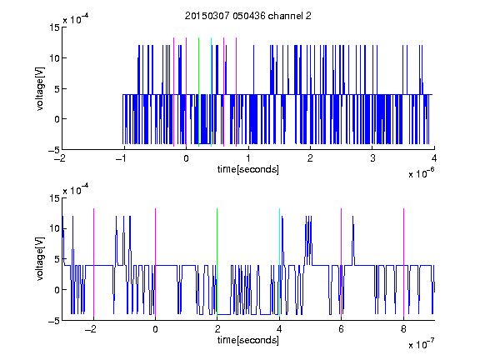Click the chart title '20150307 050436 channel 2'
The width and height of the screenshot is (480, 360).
(x=248, y=16)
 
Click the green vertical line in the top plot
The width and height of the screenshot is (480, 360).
(x=199, y=92)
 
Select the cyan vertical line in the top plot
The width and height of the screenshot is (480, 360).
(x=211, y=92)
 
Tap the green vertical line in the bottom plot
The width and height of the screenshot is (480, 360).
(x=217, y=262)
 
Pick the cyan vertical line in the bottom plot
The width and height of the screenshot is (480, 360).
(x=279, y=262)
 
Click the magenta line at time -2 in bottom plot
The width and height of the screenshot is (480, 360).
(x=93, y=262)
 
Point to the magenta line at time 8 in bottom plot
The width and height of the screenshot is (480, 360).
(x=404, y=262)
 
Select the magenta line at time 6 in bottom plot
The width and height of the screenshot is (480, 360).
(x=342, y=262)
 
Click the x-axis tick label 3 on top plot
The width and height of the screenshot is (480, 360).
(x=372, y=158)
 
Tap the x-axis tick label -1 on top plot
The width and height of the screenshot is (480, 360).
(x=121, y=158)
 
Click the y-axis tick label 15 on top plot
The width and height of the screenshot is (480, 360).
(x=54, y=27)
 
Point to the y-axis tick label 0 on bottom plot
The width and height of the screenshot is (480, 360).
(x=57, y=290)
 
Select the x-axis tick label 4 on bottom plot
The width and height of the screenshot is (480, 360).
(x=279, y=329)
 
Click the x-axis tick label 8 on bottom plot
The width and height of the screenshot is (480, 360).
(x=403, y=329)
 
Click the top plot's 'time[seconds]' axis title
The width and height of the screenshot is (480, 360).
(x=248, y=169)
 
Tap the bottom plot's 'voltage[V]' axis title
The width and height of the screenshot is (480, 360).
(x=40, y=259)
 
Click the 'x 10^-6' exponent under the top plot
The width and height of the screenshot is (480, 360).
(x=422, y=173)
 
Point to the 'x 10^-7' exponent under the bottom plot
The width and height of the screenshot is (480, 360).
(x=422, y=344)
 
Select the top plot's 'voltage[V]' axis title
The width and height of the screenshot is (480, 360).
(x=40, y=88)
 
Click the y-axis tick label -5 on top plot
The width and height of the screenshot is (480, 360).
(x=54, y=150)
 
